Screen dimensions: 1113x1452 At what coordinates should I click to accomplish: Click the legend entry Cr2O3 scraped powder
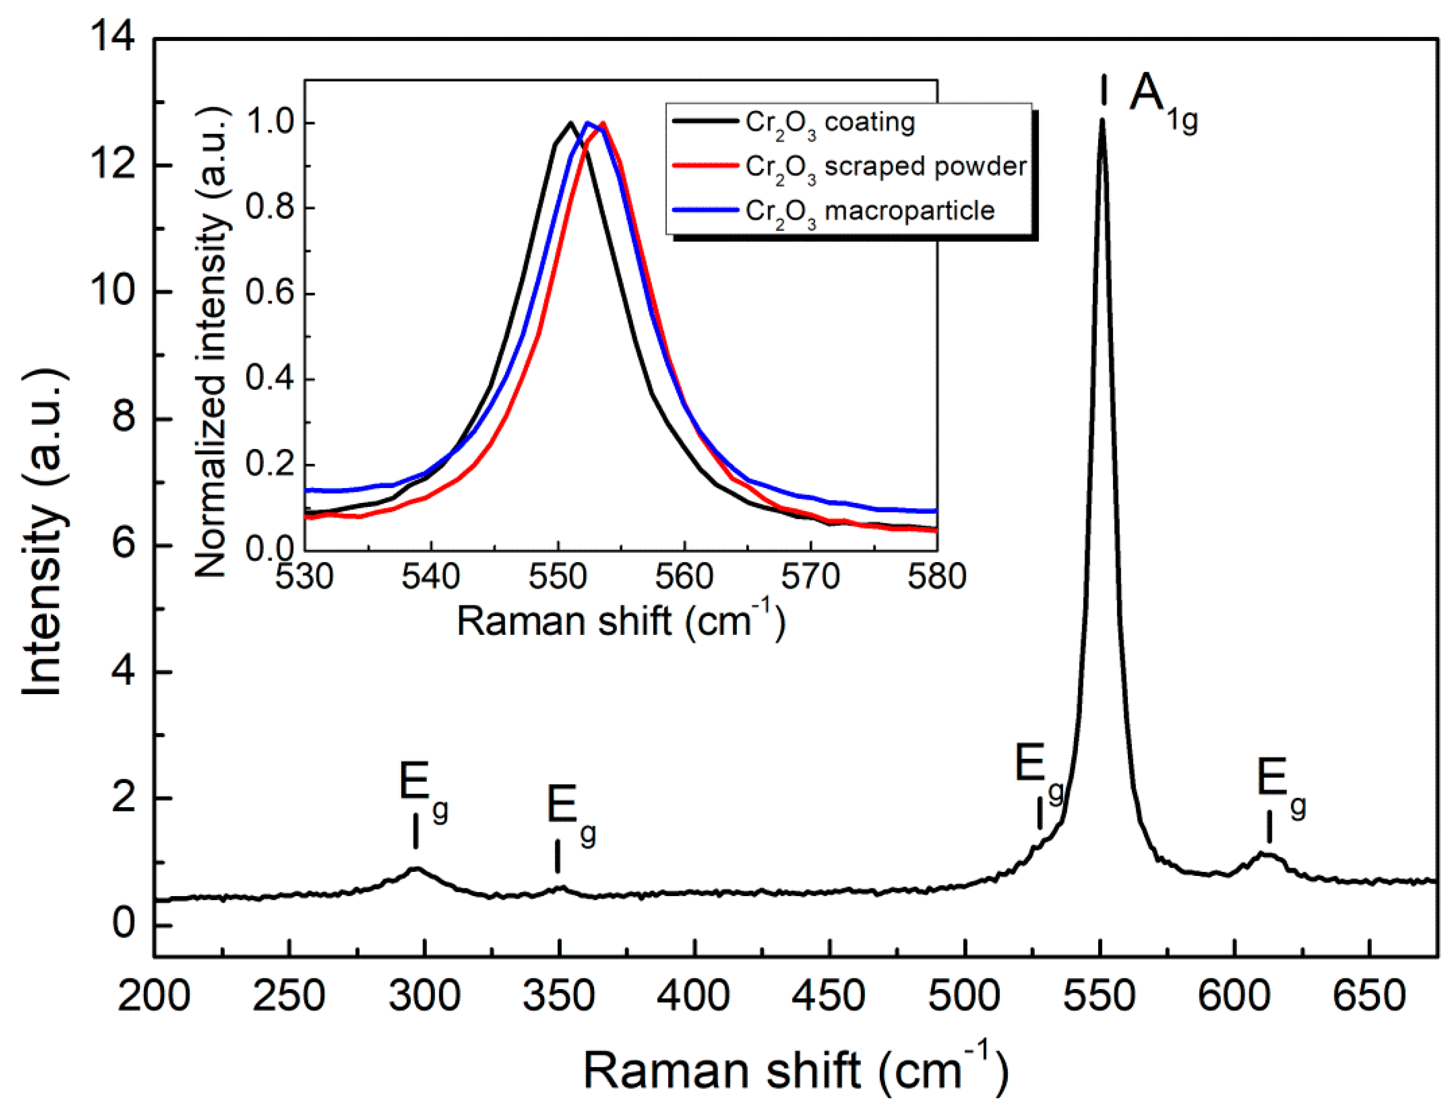[x=885, y=167]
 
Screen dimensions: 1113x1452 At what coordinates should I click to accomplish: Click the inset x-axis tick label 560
[x=684, y=577]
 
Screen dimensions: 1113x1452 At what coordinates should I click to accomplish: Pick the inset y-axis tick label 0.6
[x=269, y=293]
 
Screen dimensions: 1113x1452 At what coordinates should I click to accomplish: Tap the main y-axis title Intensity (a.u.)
[x=43, y=534]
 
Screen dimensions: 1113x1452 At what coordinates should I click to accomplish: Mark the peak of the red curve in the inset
[x=602, y=123]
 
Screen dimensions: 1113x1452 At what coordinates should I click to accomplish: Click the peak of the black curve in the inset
[x=570, y=123]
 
